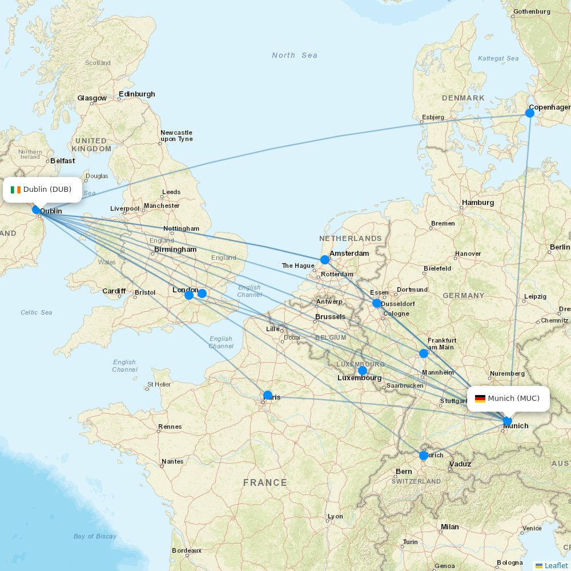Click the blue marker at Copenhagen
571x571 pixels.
(530, 113)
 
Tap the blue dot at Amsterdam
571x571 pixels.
(325, 260)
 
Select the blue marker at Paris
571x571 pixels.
(268, 395)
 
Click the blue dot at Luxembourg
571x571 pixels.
(363, 371)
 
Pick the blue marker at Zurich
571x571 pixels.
(424, 456)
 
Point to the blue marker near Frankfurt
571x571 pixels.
(424, 353)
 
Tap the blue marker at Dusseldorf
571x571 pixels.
(377, 303)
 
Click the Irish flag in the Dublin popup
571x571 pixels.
(15, 190)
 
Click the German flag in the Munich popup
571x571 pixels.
(480, 399)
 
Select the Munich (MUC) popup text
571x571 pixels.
(513, 399)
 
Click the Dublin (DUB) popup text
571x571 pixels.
(47, 190)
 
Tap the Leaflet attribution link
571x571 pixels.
(556, 565)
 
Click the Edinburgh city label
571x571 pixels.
(136, 94)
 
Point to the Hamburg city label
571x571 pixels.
(478, 203)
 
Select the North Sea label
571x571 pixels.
(294, 55)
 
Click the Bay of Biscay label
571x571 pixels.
(95, 536)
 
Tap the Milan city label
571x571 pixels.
(449, 527)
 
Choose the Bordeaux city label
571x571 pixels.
(187, 551)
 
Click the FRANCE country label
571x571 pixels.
(265, 482)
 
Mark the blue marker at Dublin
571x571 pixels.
(37, 210)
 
